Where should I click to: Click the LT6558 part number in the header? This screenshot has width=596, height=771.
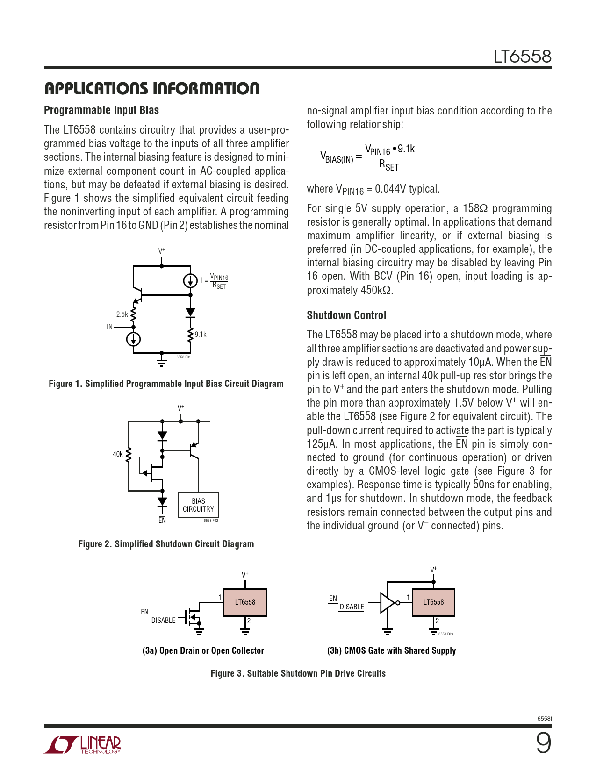point(522,57)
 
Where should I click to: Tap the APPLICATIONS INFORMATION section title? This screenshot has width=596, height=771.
point(151,88)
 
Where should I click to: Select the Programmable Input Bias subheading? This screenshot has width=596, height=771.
point(101,110)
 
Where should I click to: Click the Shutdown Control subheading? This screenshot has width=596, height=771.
point(346,315)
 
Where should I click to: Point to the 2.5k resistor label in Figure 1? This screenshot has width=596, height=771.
point(122,314)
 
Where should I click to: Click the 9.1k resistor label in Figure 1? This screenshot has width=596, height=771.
point(201,335)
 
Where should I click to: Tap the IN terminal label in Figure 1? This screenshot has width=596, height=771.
point(110,327)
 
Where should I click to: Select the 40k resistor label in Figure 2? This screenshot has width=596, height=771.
point(118,454)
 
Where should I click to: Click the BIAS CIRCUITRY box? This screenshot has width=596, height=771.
point(198,505)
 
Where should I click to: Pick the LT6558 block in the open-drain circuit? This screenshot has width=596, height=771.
point(245,602)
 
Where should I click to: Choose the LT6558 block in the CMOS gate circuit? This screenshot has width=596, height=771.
point(433,602)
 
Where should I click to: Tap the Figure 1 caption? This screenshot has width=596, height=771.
point(166,384)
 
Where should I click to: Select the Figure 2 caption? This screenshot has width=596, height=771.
point(166,544)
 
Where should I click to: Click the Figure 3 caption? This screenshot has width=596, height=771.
point(298,673)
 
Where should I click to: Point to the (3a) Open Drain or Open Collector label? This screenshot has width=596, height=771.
point(203,650)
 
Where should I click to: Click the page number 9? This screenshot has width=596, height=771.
point(543,743)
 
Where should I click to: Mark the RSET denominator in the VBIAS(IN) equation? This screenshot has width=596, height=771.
point(388,165)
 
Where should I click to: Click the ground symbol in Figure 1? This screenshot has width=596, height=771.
point(162,363)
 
